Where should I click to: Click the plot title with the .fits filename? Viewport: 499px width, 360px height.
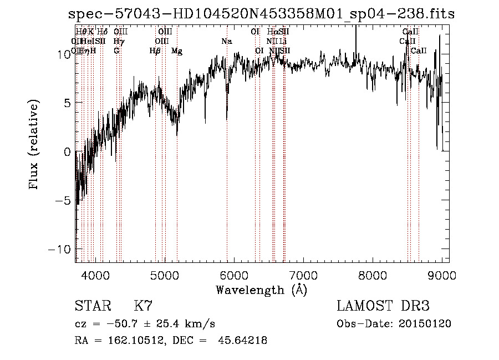pyautogui.click(x=261, y=14)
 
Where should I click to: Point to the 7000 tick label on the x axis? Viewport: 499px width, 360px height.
pyautogui.click(x=303, y=275)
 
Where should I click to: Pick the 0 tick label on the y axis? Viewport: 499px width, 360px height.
pyautogui.click(x=68, y=151)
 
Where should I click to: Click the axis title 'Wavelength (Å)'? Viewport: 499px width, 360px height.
pyautogui.click(x=261, y=290)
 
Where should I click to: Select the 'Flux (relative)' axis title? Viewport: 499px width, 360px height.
pyautogui.click(x=34, y=146)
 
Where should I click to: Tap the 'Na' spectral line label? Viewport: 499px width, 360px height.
pyautogui.click(x=226, y=42)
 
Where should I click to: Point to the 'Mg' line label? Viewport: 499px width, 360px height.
pyautogui.click(x=176, y=51)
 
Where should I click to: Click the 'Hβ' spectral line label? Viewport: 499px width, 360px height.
pyautogui.click(x=155, y=51)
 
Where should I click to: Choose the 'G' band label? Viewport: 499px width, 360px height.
pyautogui.click(x=116, y=51)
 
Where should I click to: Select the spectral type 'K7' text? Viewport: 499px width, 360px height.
pyautogui.click(x=143, y=306)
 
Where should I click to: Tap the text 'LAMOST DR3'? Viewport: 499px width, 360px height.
pyautogui.click(x=383, y=306)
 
